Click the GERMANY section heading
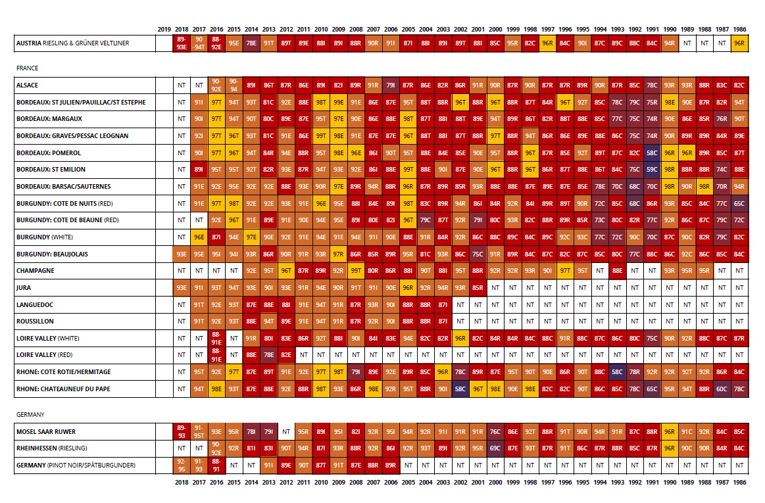[x=30, y=414]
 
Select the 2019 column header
[x=164, y=30]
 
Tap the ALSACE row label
[x=27, y=85]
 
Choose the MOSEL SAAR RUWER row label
[x=45, y=431]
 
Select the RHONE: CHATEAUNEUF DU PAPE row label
[x=63, y=389]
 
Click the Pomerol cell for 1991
[x=652, y=153]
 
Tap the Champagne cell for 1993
[x=617, y=270]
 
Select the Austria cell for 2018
[x=181, y=43]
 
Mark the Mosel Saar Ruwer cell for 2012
[x=286, y=432]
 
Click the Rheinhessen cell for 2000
[x=495, y=448]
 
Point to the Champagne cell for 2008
[x=356, y=270]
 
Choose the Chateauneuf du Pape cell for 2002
[x=460, y=389]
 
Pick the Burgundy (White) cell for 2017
[x=199, y=237]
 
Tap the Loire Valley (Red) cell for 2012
[x=286, y=354]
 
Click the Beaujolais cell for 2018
[x=181, y=254]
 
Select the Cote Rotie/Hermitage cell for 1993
[x=617, y=371]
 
